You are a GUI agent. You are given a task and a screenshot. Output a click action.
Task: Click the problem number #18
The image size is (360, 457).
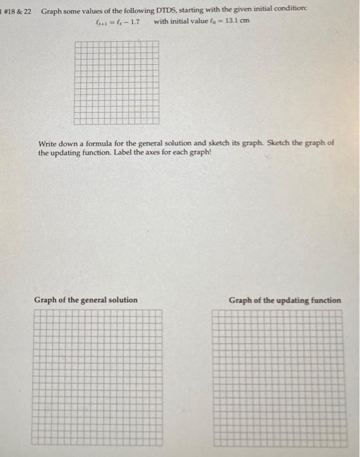(12, 12)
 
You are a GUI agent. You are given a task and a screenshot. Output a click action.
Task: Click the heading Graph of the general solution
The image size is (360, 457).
(86, 300)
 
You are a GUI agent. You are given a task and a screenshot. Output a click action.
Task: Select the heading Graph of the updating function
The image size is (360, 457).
(284, 300)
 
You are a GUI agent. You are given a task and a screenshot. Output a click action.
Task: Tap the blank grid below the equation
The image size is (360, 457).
(116, 82)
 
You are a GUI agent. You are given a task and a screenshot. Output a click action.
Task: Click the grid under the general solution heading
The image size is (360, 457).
(98, 379)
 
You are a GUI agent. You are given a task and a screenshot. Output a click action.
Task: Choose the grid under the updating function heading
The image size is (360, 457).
(276, 379)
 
